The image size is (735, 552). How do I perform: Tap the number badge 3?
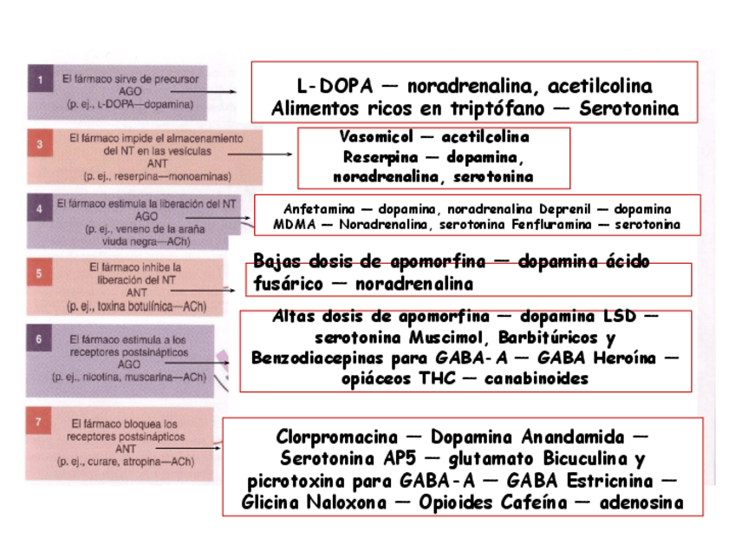coord(39,144)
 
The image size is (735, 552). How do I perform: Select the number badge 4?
coord(39,208)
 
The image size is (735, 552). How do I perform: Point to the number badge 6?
coord(39,340)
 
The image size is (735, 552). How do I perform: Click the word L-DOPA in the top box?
coord(334,87)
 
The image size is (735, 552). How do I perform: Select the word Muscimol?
coord(479,337)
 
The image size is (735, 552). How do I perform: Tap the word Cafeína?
coord(531,503)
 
